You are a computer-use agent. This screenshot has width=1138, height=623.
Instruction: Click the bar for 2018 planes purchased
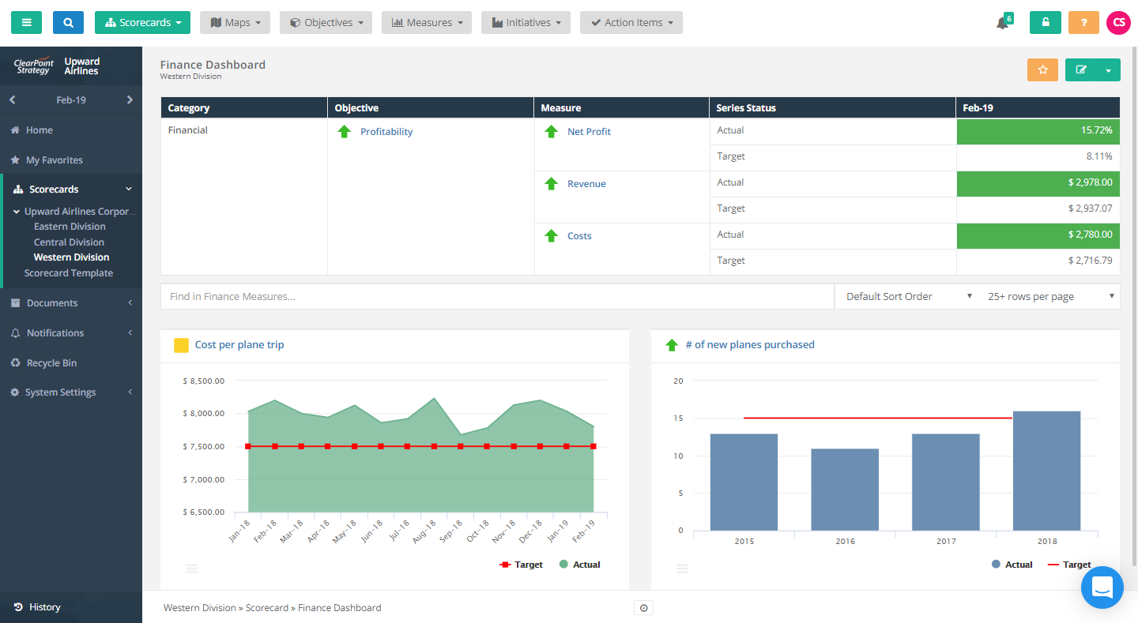coord(1046,471)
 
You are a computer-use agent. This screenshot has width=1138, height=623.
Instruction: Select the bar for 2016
coord(845,490)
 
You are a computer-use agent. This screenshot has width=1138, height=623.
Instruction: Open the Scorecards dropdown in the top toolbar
coord(143,23)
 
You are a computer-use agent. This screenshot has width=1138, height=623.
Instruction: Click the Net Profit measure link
coord(589,132)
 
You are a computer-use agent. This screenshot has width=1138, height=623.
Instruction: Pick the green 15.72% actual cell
coord(1038,131)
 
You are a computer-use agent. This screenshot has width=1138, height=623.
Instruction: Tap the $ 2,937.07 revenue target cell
coord(1038,209)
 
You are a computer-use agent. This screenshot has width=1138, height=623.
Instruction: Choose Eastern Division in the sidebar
coord(70,227)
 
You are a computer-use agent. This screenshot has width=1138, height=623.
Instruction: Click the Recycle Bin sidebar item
coord(52,363)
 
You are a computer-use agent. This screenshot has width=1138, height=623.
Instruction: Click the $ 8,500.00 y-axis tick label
coord(203,381)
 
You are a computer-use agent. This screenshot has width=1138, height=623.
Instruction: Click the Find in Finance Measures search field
coord(496,297)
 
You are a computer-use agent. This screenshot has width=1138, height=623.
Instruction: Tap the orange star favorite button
coord(1042,70)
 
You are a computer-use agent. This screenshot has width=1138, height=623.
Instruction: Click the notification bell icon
coord(1002,23)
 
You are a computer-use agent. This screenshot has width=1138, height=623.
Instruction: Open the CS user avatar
coord(1118,23)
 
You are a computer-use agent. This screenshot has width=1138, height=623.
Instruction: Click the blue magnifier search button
coord(68,23)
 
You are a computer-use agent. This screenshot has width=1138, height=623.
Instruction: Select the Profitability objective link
coord(386,132)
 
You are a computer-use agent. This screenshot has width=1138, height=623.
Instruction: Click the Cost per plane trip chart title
coord(239,345)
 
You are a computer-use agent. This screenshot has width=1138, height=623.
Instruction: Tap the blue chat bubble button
coord(1102,587)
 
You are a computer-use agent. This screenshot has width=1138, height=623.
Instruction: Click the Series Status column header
coord(745,108)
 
